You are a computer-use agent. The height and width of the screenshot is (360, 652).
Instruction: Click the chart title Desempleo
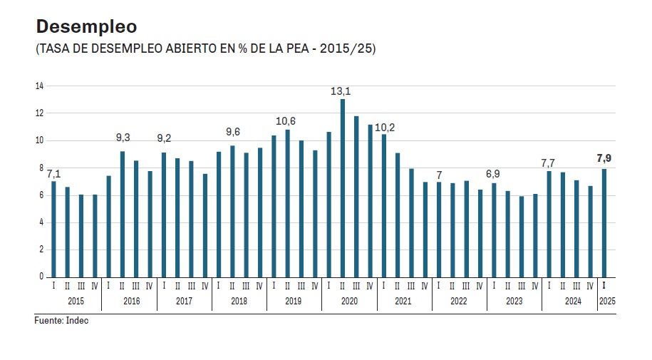86,27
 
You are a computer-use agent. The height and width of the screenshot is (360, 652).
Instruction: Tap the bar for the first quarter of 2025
604,222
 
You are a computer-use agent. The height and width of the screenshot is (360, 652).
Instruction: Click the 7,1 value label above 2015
53,174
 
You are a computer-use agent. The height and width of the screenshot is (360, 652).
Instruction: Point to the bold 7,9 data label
604,158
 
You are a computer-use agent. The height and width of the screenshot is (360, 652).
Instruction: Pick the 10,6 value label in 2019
286,120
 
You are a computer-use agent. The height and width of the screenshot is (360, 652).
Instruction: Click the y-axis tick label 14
39,86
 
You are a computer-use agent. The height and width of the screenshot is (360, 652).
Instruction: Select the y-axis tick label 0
41,277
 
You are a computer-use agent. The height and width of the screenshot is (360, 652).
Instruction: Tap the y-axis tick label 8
41,168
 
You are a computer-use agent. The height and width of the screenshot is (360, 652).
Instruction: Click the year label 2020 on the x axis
349,302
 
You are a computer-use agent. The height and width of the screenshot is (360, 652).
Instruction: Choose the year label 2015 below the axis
76,302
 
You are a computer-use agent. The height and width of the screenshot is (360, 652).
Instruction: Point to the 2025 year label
607,302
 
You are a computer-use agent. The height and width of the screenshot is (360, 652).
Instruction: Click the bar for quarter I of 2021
384,205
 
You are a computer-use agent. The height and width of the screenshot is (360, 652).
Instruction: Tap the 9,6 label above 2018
232,132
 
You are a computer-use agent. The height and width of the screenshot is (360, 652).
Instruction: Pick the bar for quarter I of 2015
53,229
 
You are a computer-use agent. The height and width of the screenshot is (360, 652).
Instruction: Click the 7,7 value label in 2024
548,163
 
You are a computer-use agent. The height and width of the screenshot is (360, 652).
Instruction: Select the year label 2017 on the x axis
184,302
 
